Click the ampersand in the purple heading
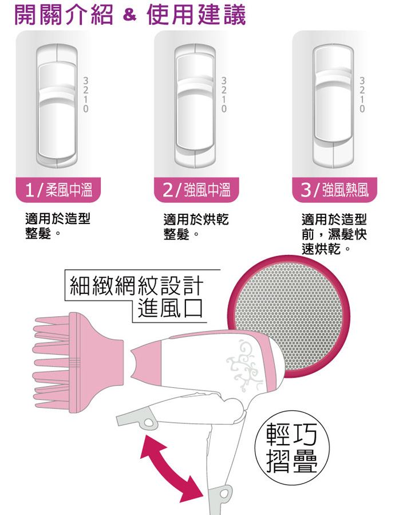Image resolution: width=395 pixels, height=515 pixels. coord(130,16)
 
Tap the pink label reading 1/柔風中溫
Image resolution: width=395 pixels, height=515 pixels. coord(58,190)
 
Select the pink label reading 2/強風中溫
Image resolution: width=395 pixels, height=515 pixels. coord(197,190)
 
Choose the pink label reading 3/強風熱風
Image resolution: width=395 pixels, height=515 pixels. coord(334,190)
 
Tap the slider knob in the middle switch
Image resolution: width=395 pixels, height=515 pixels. coord(196,102)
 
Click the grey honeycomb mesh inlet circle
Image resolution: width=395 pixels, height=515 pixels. coord(289,317)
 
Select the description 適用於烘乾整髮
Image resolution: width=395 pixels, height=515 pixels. coord(196,227)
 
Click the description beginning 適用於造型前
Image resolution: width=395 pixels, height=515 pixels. coord(334,234)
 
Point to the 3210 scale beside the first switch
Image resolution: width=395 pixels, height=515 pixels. coord(86,95)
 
